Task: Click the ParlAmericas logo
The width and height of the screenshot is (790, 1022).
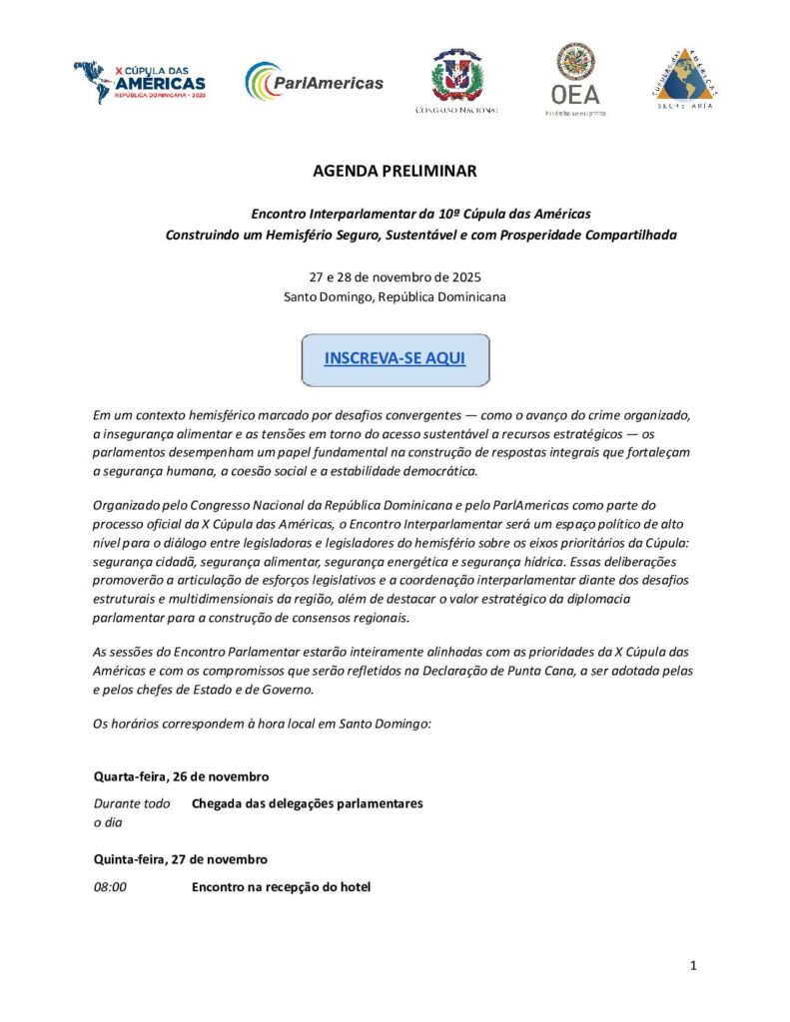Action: coord(314,83)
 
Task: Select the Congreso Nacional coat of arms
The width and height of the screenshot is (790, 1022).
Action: coord(456,76)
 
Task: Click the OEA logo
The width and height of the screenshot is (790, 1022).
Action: coord(575,79)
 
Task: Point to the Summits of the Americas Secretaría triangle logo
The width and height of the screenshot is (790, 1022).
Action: coord(685,78)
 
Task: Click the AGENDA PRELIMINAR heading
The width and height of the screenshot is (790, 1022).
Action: coord(395,171)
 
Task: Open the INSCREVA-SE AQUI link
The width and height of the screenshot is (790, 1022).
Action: coord(395,358)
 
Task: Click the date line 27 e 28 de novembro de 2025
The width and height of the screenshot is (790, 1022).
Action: coord(395,276)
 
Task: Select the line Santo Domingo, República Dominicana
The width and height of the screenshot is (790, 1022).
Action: coord(395,296)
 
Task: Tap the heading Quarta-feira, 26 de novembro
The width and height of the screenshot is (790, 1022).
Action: coord(181,775)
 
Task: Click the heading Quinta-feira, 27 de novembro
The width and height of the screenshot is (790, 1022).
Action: coord(181,858)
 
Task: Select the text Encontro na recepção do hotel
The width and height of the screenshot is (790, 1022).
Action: coord(281,885)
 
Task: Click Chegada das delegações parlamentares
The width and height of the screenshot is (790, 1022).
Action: coord(308,803)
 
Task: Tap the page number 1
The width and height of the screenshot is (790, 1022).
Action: coord(693,965)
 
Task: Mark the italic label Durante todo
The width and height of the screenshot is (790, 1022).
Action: coord(131,803)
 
